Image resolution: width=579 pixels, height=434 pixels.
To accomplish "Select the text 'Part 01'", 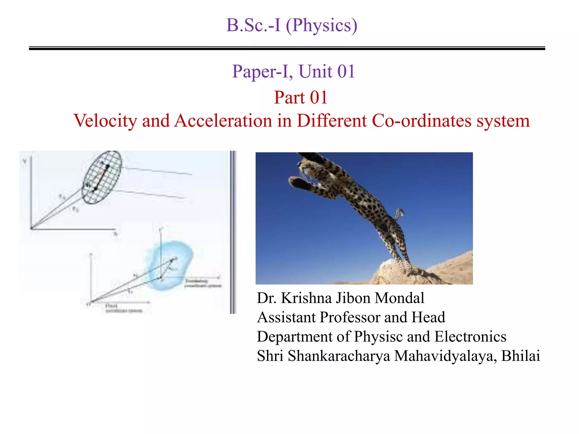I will point(301,97).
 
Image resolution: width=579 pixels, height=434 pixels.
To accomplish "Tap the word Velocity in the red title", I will point(105,121).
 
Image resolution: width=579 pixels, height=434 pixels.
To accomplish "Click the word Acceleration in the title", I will point(223,121).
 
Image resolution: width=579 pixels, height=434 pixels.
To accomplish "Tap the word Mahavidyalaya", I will point(445,356).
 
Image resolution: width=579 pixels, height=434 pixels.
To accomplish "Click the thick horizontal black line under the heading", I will point(287,49).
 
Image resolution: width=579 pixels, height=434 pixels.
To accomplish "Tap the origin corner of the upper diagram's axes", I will point(31,228).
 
